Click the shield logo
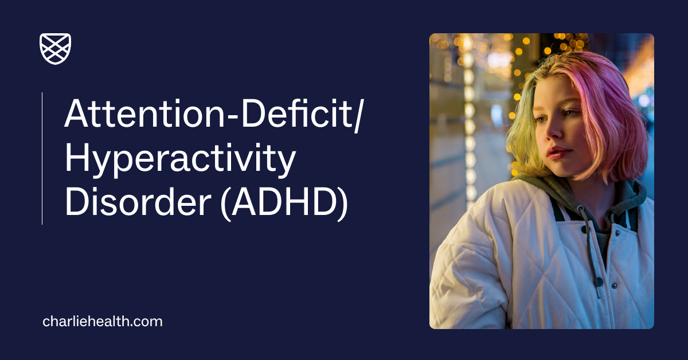click(55, 49)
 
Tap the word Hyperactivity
click(179, 159)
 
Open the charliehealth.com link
click(103, 322)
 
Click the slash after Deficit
click(359, 113)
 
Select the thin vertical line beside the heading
click(42, 158)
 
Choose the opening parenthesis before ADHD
click(226, 205)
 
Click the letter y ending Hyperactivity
click(285, 163)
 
